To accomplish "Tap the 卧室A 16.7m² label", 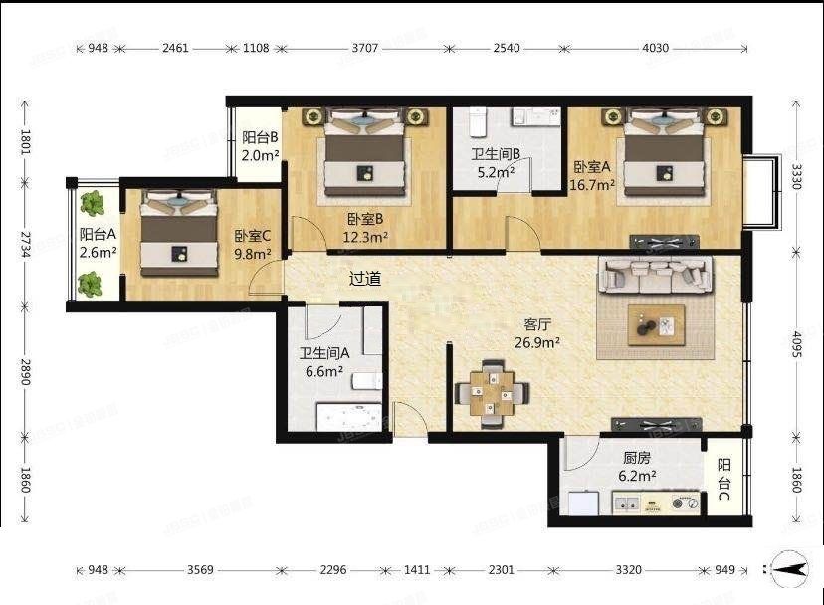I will tap(593, 175).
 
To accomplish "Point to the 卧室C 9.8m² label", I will tap(253, 245).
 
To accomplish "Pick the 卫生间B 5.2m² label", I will tap(493, 163).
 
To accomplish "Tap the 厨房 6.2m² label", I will tap(638, 468).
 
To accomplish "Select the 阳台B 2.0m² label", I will tap(259, 147).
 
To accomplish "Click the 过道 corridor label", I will tap(365, 279).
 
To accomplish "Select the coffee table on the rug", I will tap(656, 323).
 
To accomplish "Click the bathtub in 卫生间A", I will tap(348, 415).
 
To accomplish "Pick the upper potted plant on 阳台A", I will tap(93, 204).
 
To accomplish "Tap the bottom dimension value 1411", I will tap(417, 570).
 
